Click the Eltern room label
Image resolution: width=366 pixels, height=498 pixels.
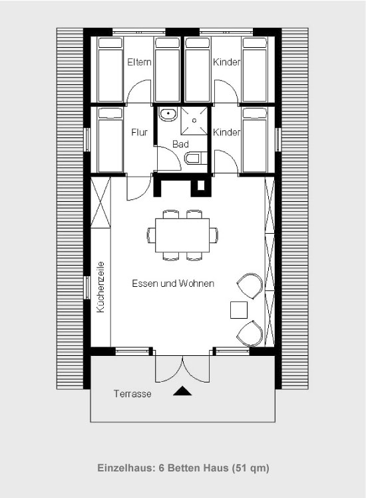(x=139, y=62)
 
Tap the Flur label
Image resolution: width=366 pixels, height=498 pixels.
(x=139, y=132)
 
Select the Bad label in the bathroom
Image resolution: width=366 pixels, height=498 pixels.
(x=180, y=144)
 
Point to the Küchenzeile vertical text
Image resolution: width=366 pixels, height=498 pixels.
(x=100, y=287)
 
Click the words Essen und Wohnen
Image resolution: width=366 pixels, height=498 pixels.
(x=173, y=284)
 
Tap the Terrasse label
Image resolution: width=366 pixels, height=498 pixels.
(x=132, y=394)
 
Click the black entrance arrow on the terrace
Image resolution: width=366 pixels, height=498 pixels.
(x=182, y=391)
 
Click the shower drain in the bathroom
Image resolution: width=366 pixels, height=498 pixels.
(x=194, y=121)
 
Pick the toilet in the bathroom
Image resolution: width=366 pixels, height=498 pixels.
(x=196, y=158)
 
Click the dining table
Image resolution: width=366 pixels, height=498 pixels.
(x=182, y=235)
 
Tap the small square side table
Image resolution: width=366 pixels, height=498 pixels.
(x=239, y=310)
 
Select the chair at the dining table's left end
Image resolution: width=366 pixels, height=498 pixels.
(x=151, y=235)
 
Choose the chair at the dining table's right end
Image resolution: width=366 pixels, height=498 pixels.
(x=214, y=235)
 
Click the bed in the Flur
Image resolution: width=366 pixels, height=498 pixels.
(x=110, y=140)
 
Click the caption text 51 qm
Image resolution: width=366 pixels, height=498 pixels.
(x=251, y=468)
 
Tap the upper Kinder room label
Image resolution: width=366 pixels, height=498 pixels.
(x=226, y=62)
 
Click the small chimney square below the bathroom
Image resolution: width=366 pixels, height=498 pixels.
(x=201, y=185)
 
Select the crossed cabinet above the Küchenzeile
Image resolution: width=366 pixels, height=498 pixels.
(x=100, y=203)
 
